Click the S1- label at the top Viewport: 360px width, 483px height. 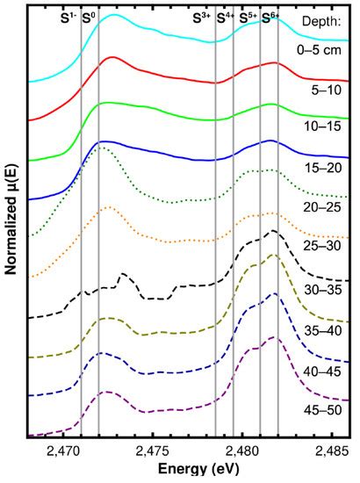pos(68,17)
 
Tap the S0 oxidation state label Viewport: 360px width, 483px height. pos(88,17)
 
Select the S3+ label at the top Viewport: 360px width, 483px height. pos(201,17)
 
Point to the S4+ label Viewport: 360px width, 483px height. pos(226,17)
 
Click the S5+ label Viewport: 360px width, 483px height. pos(248,17)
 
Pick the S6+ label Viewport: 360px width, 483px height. pos(270,17)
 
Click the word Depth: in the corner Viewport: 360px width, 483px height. pos(322,19)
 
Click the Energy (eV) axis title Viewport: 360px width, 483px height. pos(190,471)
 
